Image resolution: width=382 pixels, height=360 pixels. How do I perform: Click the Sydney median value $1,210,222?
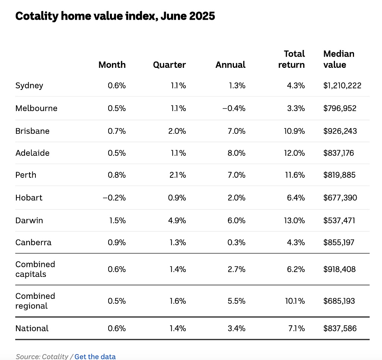[x=342, y=86]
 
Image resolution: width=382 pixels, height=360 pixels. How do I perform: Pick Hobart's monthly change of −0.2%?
[x=114, y=198]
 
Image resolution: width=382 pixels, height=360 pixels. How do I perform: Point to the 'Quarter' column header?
[x=169, y=65]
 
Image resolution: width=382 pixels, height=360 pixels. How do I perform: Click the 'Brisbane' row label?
[x=32, y=131]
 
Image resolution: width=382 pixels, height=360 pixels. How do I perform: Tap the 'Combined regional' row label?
[x=35, y=301]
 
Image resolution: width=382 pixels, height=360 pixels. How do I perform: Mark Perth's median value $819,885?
[x=339, y=175]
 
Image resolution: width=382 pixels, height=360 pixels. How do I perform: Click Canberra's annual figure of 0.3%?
[x=237, y=243]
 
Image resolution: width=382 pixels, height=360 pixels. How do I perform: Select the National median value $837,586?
[x=340, y=328]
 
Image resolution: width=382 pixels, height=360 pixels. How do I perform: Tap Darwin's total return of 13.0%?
[x=294, y=221]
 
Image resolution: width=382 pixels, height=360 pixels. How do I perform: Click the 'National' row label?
[x=32, y=328]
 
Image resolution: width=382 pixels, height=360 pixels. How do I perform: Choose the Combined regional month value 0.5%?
[x=117, y=301]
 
